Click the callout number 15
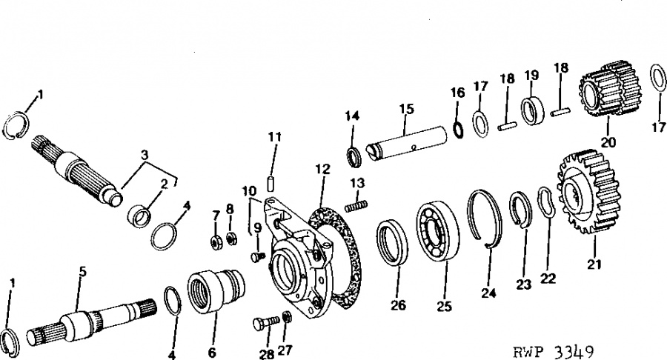tap(407, 109)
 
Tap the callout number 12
tap(323, 169)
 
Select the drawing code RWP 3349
tap(553, 352)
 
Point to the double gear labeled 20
tap(610, 91)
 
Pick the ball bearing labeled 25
tap(438, 232)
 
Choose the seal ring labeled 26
tap(392, 243)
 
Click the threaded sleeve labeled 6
tap(216, 293)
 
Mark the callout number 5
tap(82, 272)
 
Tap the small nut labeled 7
tap(216, 243)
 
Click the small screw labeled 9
tap(256, 256)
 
